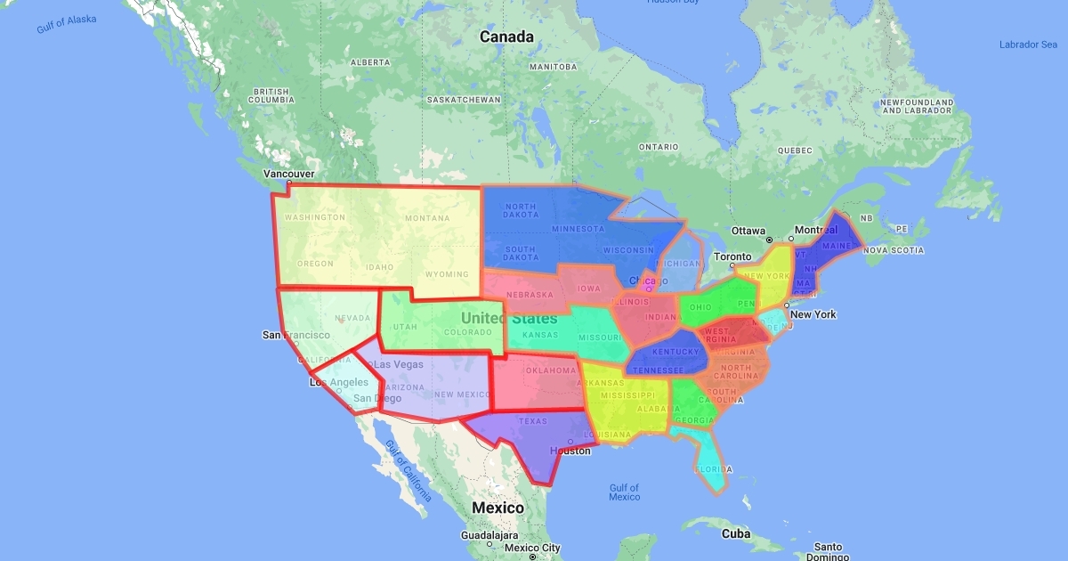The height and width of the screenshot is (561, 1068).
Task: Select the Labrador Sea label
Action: tap(1028, 45)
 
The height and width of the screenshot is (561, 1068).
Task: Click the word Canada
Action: tap(506, 37)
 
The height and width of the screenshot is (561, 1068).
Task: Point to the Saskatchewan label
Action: tap(463, 100)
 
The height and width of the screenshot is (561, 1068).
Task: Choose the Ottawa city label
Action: tap(748, 231)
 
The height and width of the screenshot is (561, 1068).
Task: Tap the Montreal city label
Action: tap(816, 230)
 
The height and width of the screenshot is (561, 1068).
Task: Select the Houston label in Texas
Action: tap(570, 451)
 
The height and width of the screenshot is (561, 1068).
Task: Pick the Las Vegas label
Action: tap(398, 364)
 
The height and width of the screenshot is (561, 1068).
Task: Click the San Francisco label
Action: tap(295, 335)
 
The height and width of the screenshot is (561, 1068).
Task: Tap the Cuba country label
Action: tap(735, 533)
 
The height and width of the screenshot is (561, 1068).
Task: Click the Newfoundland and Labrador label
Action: tap(917, 107)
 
